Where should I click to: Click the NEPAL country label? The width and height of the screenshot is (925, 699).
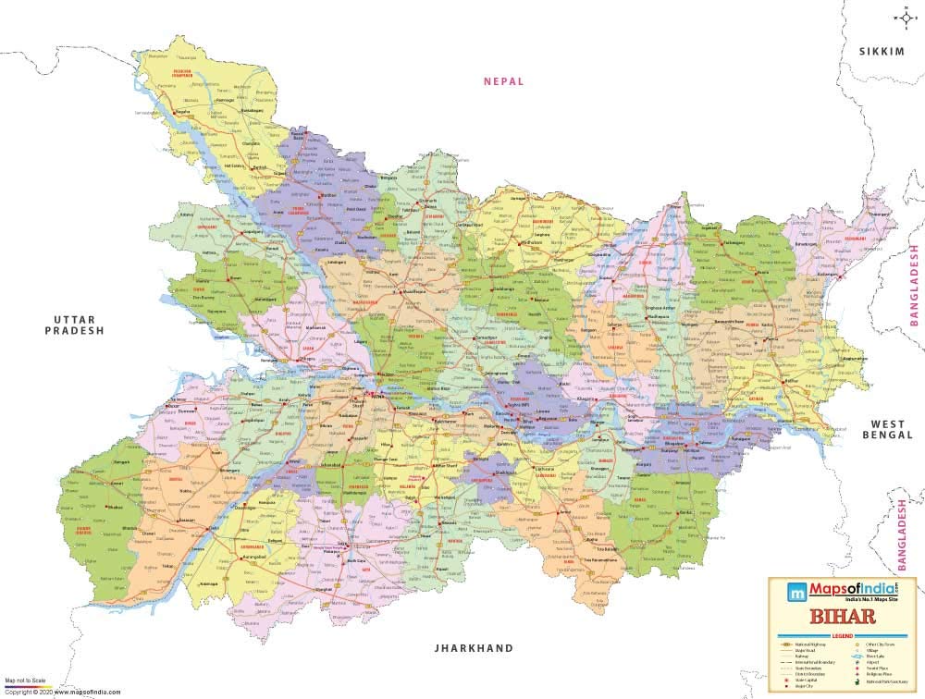503,81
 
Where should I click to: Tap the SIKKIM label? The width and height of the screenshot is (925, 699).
881,52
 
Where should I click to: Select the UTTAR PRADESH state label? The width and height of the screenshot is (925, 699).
79,324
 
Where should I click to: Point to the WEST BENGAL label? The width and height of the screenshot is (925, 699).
888,428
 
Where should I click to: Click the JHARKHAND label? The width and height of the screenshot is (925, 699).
474,648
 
